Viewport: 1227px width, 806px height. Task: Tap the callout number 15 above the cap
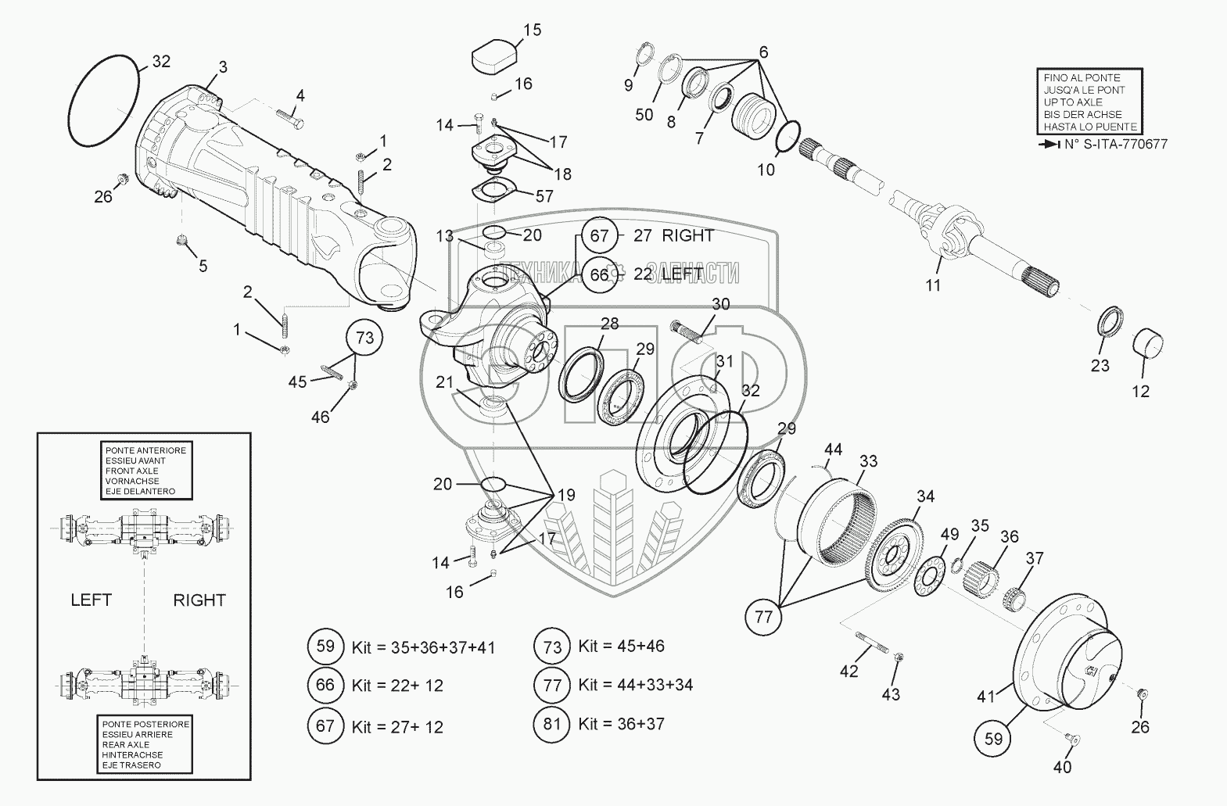pyautogui.click(x=532, y=30)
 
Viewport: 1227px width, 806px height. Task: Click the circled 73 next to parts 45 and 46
pyautogui.click(x=364, y=339)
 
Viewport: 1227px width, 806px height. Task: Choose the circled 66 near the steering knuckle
pyautogui.click(x=599, y=275)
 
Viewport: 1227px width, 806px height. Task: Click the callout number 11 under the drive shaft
pyautogui.click(x=933, y=285)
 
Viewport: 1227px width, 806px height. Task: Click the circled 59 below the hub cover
pyautogui.click(x=993, y=737)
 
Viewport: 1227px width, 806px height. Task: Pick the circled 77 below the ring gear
pyautogui.click(x=763, y=617)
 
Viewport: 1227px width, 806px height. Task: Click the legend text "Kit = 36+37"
pyautogui.click(x=621, y=724)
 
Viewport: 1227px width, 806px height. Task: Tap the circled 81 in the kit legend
pyautogui.click(x=552, y=724)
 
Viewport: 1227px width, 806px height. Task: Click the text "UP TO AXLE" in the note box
pyautogui.click(x=1073, y=102)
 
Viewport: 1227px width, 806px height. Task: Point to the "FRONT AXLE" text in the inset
pyautogui.click(x=130, y=471)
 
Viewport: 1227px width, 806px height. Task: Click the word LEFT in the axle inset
pyautogui.click(x=91, y=600)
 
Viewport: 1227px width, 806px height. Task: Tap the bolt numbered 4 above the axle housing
pyautogui.click(x=289, y=122)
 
